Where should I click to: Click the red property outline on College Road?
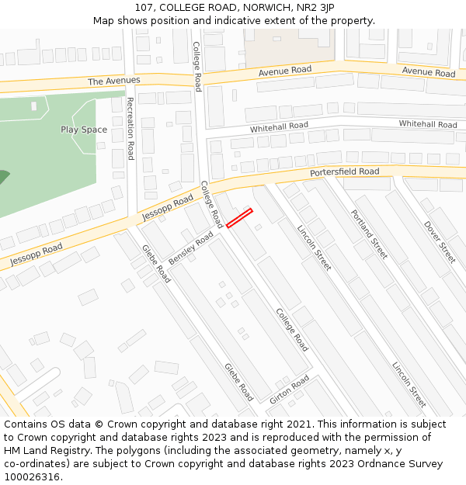point(240,218)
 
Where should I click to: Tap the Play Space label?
point(84,130)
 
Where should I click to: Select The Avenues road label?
point(113,81)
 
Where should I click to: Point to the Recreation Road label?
point(130,128)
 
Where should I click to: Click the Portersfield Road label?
point(344,171)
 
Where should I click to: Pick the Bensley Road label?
point(190,248)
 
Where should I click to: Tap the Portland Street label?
point(368,234)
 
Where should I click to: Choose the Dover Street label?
point(440,242)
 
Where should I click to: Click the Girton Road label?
point(289,389)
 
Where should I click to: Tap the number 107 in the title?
point(144,8)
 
